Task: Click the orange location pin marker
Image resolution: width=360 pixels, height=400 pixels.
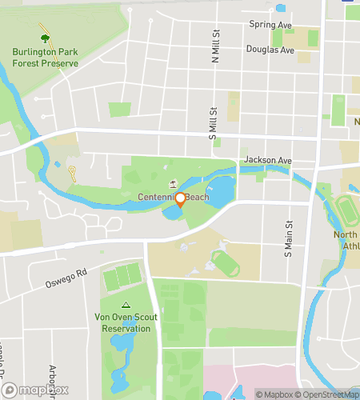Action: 181,199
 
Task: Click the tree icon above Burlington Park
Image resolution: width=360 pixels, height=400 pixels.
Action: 44,37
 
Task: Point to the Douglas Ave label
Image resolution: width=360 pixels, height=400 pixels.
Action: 271,50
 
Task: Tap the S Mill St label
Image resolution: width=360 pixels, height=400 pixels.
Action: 213,125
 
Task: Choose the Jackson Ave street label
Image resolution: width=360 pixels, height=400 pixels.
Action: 269,160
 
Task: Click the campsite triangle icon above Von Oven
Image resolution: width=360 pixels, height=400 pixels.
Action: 125,306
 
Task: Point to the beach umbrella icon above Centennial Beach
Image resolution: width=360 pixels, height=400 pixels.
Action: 174,186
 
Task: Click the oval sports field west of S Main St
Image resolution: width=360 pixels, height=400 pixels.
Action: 224,263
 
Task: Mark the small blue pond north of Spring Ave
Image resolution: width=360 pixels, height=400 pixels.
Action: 280,9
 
